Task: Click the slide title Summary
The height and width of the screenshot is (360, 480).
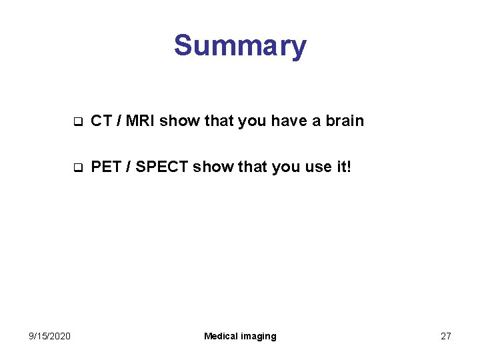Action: click(240, 46)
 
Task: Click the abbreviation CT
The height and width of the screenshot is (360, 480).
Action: click(101, 121)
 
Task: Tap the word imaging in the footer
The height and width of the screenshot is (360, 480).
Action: click(259, 336)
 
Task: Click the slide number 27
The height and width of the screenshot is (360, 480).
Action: click(445, 336)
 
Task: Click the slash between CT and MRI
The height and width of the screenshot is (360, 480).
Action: click(117, 121)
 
